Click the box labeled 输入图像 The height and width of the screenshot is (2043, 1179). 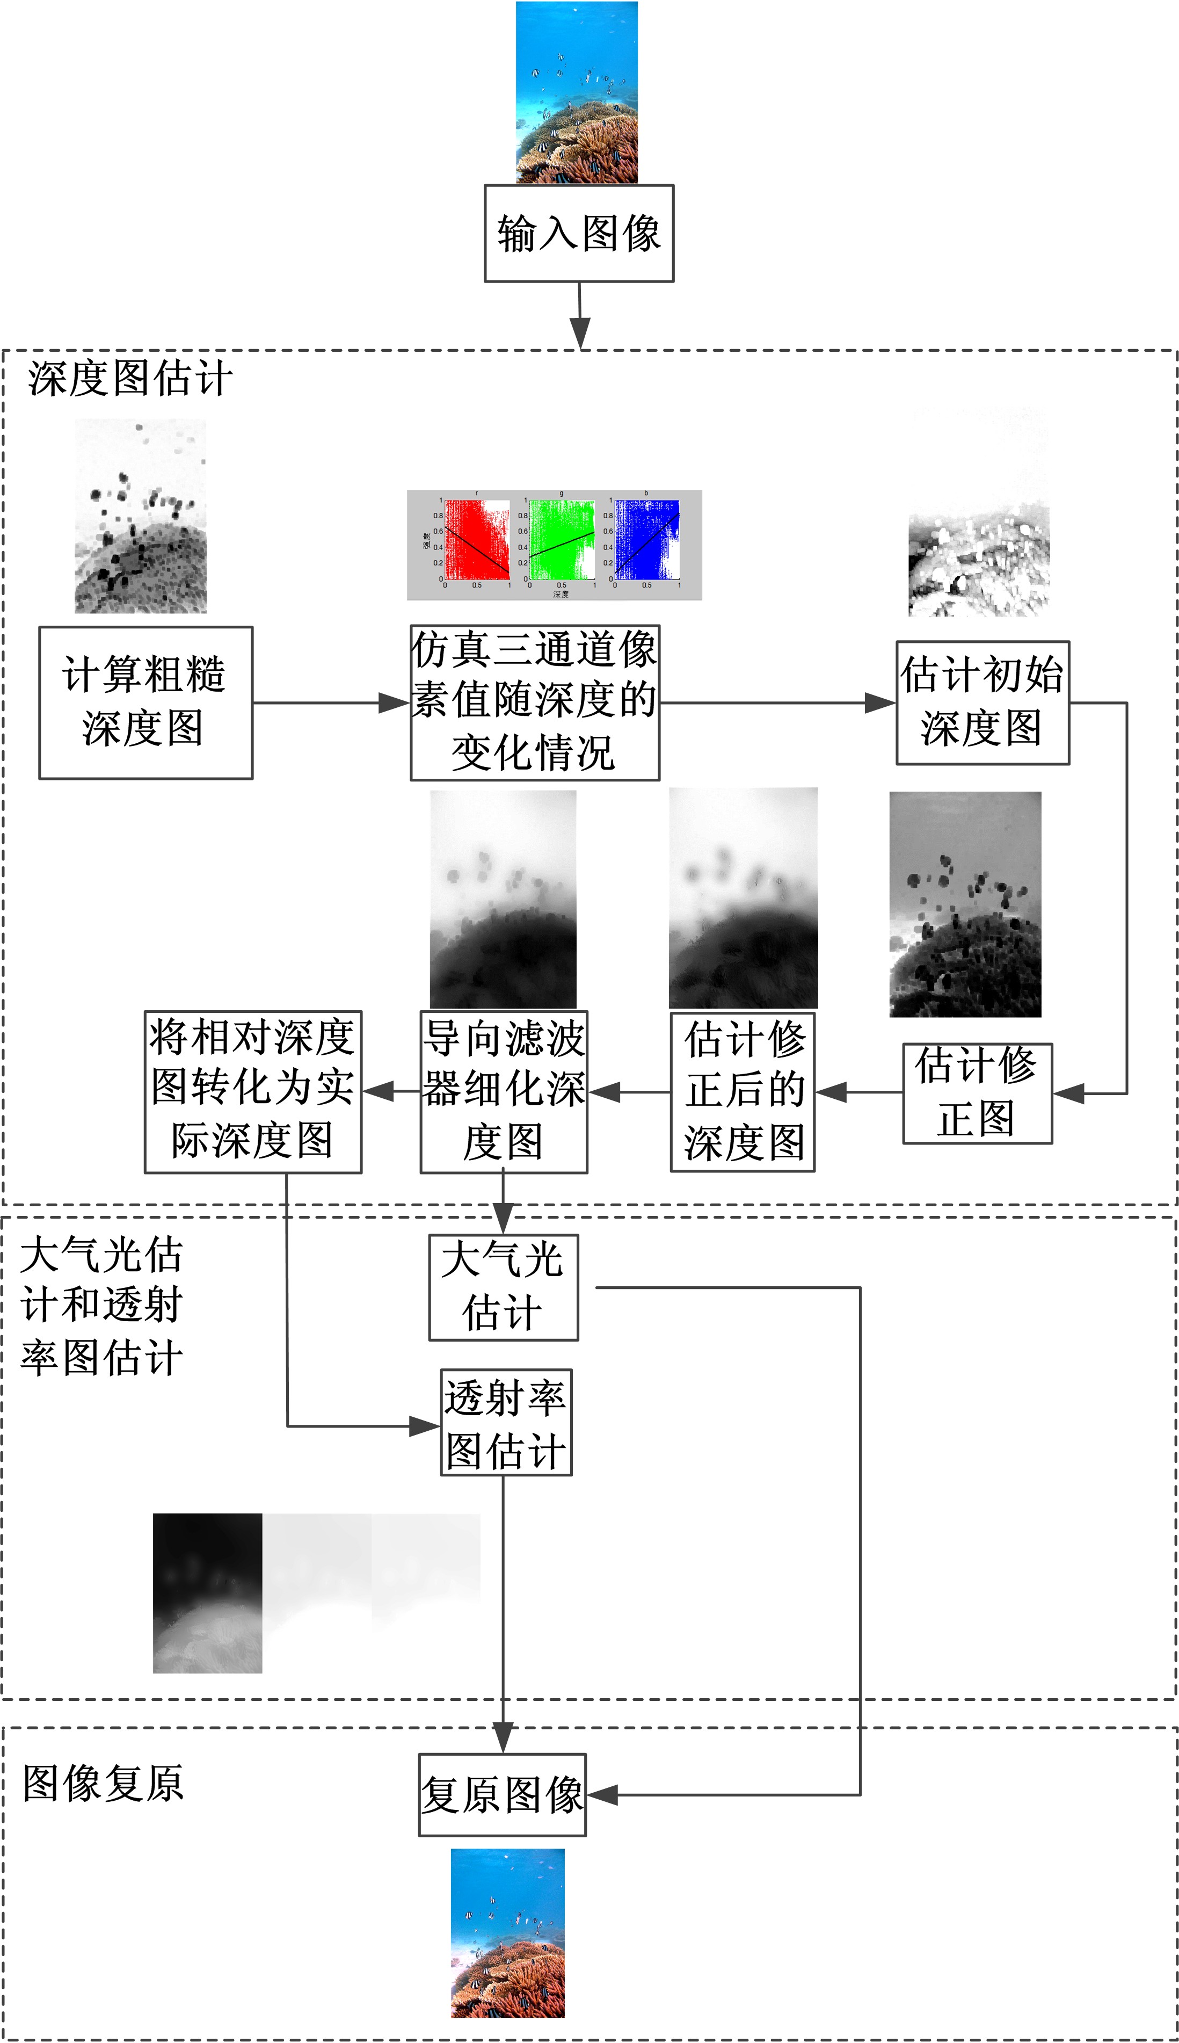pos(579,233)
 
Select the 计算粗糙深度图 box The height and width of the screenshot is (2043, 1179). pos(145,702)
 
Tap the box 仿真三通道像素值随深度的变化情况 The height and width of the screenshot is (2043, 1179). pos(534,702)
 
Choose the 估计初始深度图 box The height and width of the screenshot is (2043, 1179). pos(982,702)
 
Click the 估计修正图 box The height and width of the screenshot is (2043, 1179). pos(977,1092)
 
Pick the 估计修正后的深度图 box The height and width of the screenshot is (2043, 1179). pos(743,1091)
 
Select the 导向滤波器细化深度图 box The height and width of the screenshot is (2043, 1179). pos(504,1091)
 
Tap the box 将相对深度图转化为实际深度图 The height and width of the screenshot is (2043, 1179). pos(253,1091)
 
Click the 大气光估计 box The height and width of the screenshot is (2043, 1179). pos(503,1287)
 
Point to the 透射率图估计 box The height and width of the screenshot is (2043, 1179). pos(506,1422)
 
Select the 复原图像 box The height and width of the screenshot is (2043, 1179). pos(502,1795)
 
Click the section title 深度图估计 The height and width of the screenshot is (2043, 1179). pos(129,378)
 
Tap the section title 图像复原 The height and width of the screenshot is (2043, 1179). pos(103,1784)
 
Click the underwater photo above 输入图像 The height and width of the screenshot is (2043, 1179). pos(577,92)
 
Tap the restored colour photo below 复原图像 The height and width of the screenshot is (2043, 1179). pos(508,1932)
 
